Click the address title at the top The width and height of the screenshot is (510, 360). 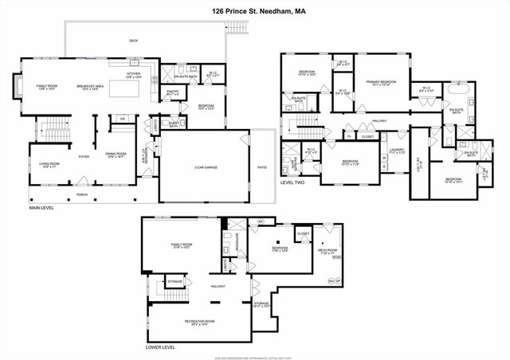point(255,11)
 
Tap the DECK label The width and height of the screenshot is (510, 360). point(133,41)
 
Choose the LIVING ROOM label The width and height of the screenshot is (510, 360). point(49,165)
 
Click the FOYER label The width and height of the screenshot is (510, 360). point(83,157)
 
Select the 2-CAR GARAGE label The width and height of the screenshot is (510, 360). point(206,168)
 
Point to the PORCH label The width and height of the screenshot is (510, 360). point(82,194)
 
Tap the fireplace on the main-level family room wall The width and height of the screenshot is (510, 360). point(18,84)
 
